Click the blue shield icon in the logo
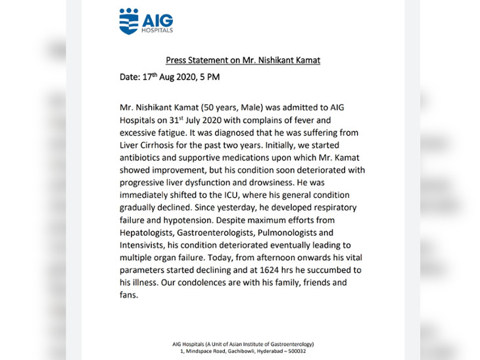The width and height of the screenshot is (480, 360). [x=129, y=21]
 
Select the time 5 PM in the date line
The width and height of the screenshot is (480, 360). [x=212, y=77]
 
